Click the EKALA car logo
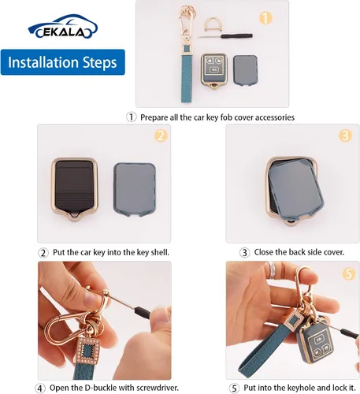pos(63,26)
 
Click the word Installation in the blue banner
pos(43,62)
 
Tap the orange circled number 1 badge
pos(265,18)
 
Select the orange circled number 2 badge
pos(161,136)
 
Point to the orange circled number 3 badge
pos(345,136)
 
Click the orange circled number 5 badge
pos(349,273)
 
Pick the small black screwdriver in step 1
pos(225,36)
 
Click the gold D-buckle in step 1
pos(213,24)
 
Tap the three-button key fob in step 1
pos(213,71)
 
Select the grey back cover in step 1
pos(245,70)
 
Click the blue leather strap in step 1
pos(186,73)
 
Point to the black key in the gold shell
pos(75,188)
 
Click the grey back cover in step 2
pos(135,189)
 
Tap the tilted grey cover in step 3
pos(296,189)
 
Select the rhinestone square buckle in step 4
pos(87,351)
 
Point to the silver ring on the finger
pos(272,270)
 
